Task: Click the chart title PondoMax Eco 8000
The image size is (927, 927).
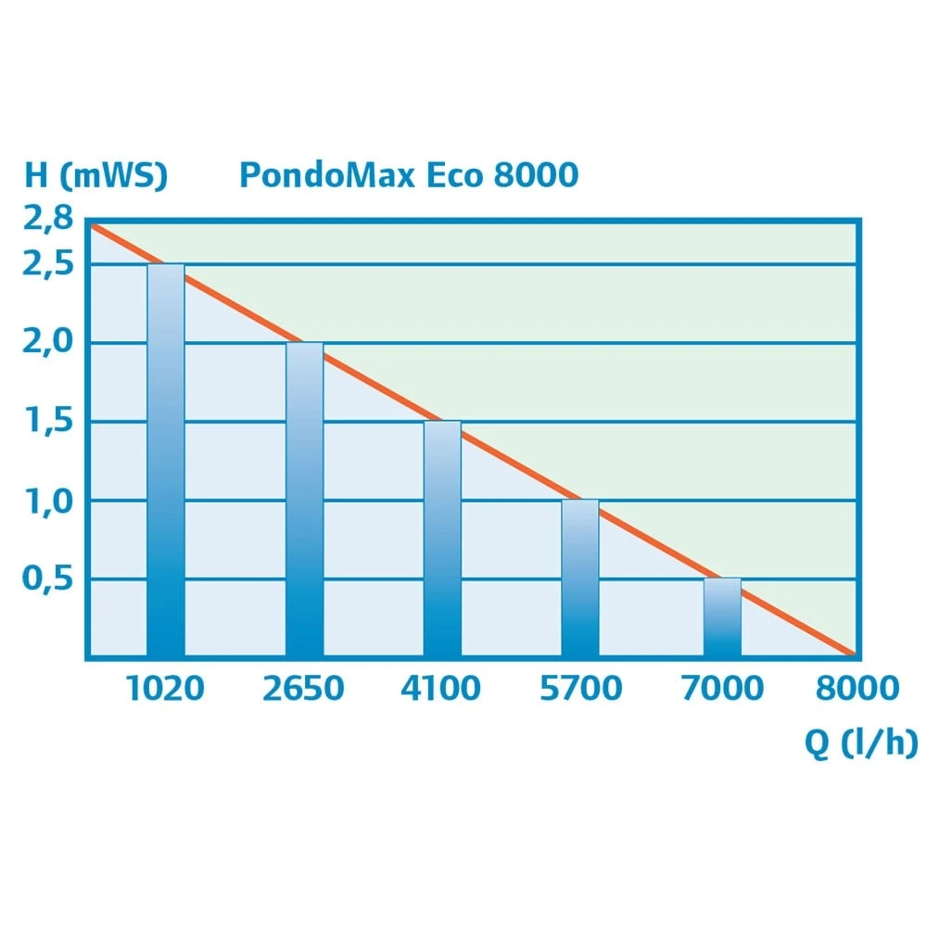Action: click(409, 174)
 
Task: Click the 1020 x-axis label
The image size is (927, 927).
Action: click(165, 689)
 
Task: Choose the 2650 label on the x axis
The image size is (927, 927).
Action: click(303, 689)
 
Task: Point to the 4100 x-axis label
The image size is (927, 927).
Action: click(441, 689)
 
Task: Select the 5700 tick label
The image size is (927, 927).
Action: click(580, 689)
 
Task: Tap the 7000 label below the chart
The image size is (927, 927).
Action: click(721, 689)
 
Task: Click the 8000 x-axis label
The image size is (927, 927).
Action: click(857, 689)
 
